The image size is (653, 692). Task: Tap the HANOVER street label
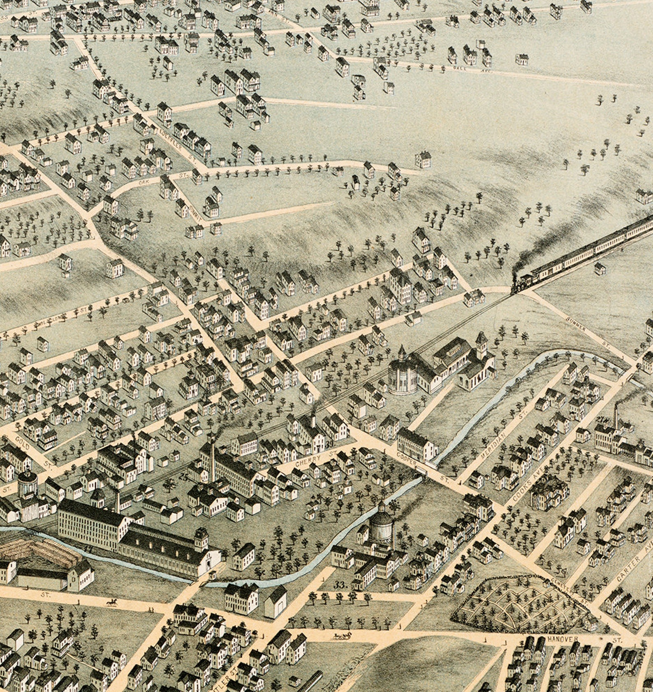pos(563,639)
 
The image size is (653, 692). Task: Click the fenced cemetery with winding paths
pos(522,603)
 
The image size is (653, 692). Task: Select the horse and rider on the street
pos(111,602)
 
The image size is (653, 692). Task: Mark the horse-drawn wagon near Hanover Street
pos(342,636)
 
